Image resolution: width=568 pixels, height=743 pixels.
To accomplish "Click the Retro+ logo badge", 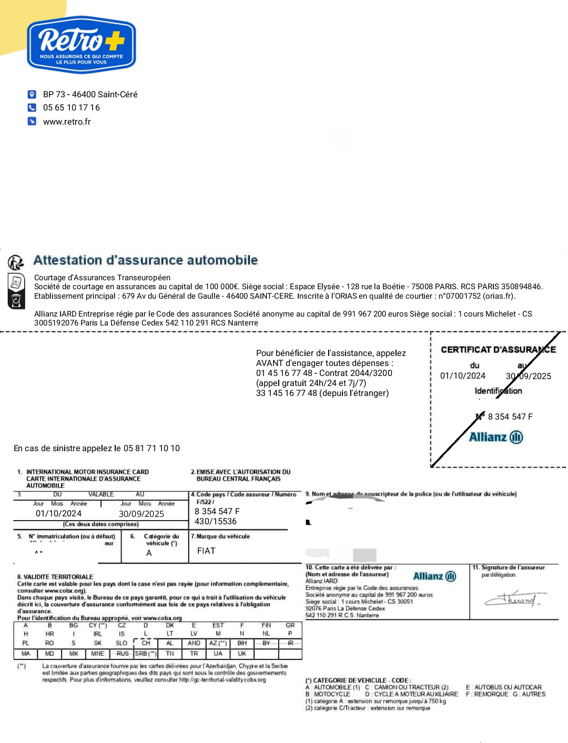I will (82, 45).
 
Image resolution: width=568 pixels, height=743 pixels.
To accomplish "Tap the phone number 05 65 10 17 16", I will (72, 108).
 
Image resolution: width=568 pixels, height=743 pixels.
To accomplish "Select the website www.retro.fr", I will (67, 122).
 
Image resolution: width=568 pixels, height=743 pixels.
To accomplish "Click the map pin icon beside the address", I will (32, 94).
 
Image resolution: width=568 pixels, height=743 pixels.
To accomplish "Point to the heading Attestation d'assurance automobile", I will (146, 260).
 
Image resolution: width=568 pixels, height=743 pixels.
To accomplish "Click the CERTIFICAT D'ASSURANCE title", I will (498, 350).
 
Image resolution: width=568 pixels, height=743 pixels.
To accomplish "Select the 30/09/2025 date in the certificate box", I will (528, 376).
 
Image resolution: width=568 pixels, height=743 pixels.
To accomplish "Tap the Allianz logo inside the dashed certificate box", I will (496, 437).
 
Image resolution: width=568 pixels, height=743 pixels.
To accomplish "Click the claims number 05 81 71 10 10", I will (151, 449).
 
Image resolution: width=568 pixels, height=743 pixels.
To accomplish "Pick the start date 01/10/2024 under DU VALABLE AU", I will (58, 514).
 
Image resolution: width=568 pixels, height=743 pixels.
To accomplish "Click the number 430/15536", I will (216, 522).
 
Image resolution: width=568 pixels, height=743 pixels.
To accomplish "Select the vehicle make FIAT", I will (206, 551).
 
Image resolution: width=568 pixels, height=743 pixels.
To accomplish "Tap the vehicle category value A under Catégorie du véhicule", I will (149, 553).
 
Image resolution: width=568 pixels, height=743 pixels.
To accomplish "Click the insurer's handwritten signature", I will (513, 599).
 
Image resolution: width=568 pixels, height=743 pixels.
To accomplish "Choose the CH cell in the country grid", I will (146, 643).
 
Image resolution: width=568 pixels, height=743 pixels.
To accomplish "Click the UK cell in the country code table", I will (242, 654).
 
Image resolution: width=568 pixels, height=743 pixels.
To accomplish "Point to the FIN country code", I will (266, 626).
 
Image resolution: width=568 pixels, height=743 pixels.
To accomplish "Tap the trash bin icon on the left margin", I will (16, 301).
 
